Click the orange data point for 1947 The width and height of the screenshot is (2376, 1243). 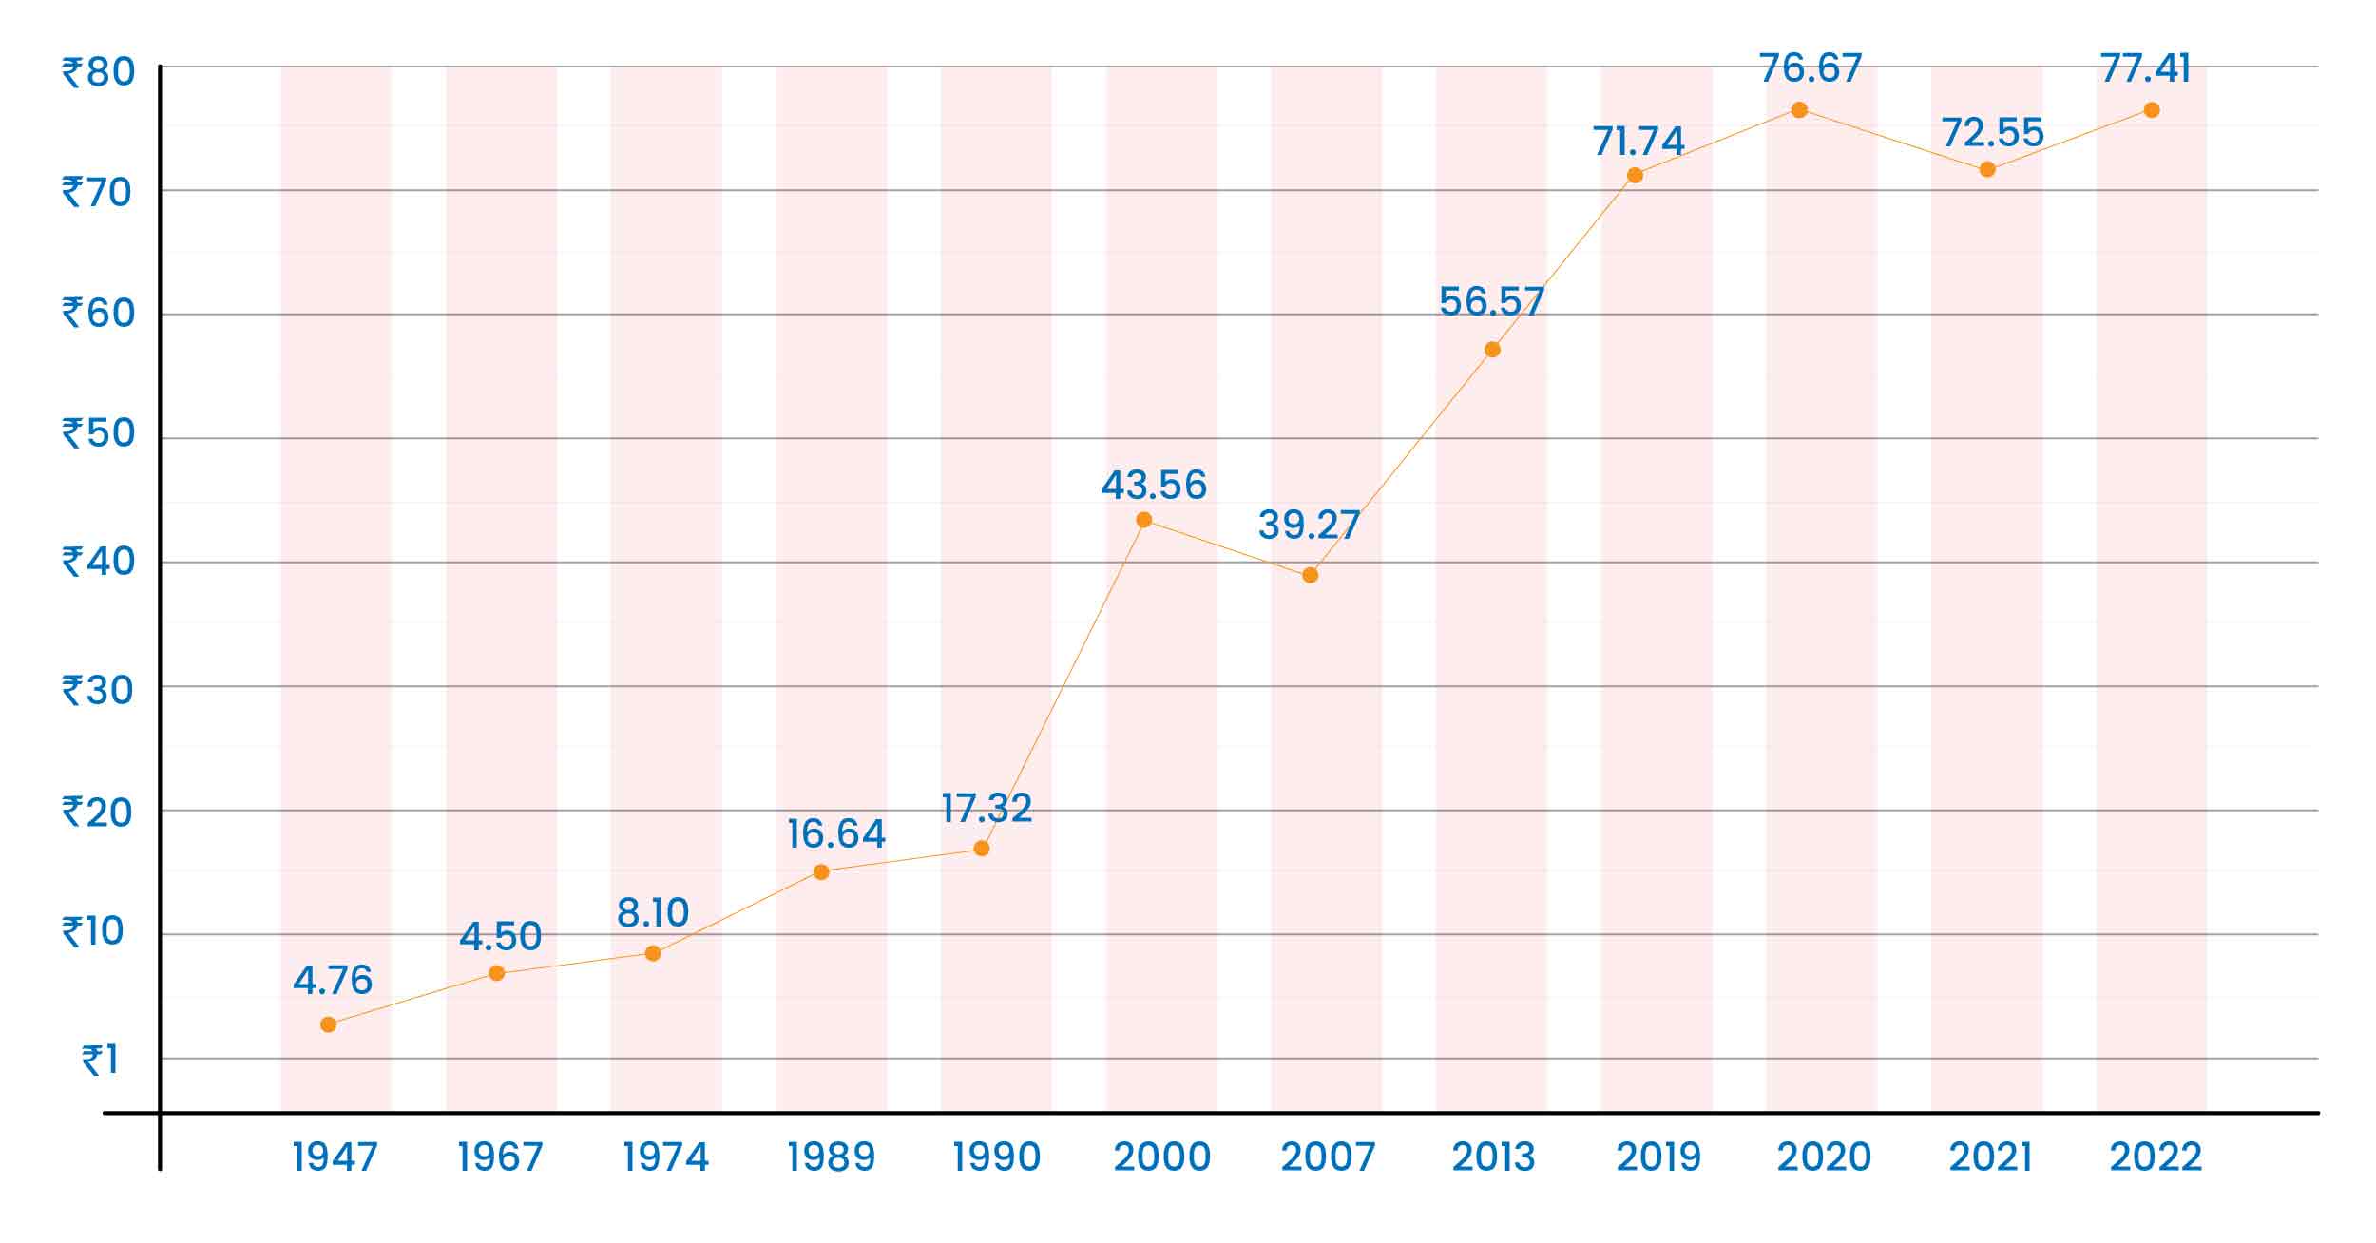328,1024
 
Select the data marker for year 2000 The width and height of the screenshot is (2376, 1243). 1144,520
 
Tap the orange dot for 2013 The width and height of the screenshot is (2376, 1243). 1492,350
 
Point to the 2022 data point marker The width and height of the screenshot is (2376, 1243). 2152,110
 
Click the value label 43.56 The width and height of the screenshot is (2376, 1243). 1154,486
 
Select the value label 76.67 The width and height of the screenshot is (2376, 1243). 1810,68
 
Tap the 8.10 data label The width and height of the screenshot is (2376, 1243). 653,913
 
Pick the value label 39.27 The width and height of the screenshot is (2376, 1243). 1309,525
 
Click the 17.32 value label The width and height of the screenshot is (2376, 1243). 987,809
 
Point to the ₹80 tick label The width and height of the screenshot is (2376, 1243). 99,72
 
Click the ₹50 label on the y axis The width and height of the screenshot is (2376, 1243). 99,433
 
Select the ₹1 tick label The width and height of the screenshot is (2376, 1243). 101,1061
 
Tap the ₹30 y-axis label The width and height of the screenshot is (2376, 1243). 99,691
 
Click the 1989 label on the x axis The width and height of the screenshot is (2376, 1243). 832,1157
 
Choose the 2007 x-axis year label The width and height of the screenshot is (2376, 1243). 1328,1157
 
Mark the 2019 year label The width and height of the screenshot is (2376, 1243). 1658,1157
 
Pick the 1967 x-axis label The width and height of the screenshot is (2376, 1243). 501,1157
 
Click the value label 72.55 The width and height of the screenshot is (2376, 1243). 1992,133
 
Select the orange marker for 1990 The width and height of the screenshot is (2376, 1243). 982,849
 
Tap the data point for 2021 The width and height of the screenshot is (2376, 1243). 1987,170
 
